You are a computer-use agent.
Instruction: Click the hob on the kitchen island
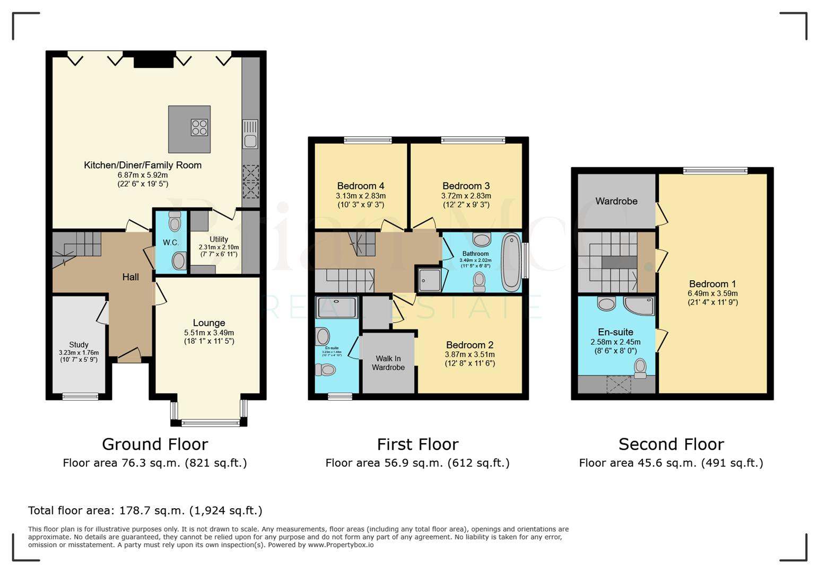pyautogui.click(x=199, y=127)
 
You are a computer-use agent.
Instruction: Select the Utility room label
pyautogui.click(x=219, y=239)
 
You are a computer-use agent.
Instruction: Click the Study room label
pyautogui.click(x=79, y=344)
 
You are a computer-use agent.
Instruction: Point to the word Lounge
pyautogui.click(x=209, y=323)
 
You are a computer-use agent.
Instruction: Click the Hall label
pyautogui.click(x=130, y=277)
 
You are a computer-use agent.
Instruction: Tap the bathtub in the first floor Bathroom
pyautogui.click(x=511, y=262)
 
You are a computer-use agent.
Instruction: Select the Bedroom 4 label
pyautogui.click(x=361, y=186)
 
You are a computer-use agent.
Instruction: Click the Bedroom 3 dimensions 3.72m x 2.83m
pyautogui.click(x=466, y=196)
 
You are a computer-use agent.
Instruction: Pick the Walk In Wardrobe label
pyautogui.click(x=388, y=363)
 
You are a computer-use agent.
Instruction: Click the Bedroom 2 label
pyautogui.click(x=470, y=345)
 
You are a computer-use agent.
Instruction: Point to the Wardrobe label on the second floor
pyautogui.click(x=616, y=201)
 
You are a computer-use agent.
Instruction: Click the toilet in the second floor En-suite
pyautogui.click(x=640, y=368)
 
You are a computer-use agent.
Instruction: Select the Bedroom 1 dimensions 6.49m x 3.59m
pyautogui.click(x=712, y=293)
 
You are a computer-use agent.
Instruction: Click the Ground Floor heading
pyautogui.click(x=155, y=444)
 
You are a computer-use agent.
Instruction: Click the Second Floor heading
pyautogui.click(x=671, y=444)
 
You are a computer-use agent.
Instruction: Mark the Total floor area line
pyautogui.click(x=145, y=510)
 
